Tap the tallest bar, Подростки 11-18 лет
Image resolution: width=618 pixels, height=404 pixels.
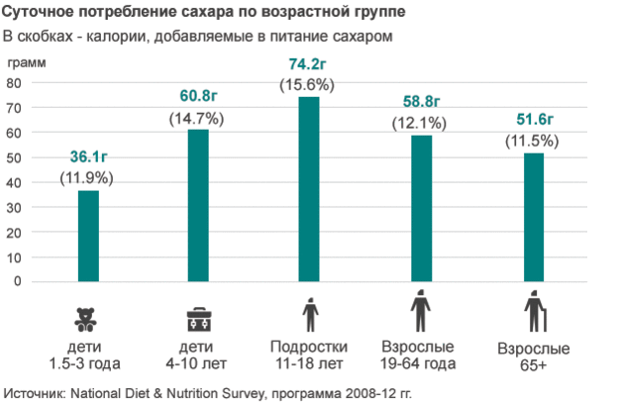[309, 188]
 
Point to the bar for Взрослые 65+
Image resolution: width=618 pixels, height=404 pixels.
[533, 217]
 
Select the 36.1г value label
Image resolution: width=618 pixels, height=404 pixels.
[88, 157]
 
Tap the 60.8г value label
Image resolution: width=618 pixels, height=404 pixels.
[198, 96]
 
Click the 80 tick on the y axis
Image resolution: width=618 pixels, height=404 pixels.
[14, 83]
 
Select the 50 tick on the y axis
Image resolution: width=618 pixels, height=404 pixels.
[14, 157]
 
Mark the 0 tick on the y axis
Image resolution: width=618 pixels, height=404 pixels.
[18, 281]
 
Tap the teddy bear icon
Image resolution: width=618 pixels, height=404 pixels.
[87, 319]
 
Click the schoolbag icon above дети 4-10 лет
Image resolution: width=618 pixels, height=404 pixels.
[198, 319]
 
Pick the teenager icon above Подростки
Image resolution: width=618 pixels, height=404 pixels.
[310, 316]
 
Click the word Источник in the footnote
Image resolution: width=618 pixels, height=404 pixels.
[36, 390]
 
